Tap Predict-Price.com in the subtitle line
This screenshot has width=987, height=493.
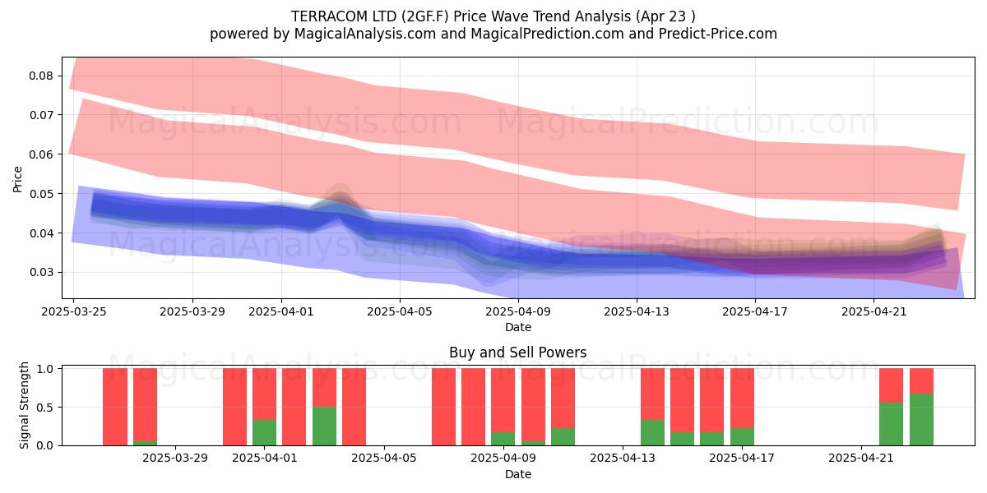[718, 34]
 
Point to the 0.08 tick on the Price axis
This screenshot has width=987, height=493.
[41, 76]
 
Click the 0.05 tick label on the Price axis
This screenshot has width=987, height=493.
[41, 194]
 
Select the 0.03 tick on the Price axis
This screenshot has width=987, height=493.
[41, 273]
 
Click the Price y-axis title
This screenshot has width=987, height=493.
[17, 179]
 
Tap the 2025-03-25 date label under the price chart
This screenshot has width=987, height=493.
[73, 311]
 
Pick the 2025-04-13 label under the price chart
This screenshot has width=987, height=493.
[637, 311]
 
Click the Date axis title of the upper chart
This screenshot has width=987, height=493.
[518, 328]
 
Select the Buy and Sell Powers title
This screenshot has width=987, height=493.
[517, 352]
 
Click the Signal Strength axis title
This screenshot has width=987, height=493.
[24, 405]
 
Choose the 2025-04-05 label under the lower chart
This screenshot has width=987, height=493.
[384, 458]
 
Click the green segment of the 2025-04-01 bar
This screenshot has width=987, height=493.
[264, 433]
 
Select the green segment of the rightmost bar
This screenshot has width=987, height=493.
[921, 420]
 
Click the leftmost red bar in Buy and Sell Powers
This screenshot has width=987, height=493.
[115, 407]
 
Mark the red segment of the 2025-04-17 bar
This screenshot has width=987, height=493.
[742, 399]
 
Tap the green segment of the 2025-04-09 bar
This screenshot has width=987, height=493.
[503, 439]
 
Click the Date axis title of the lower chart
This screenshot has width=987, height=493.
[518, 475]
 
